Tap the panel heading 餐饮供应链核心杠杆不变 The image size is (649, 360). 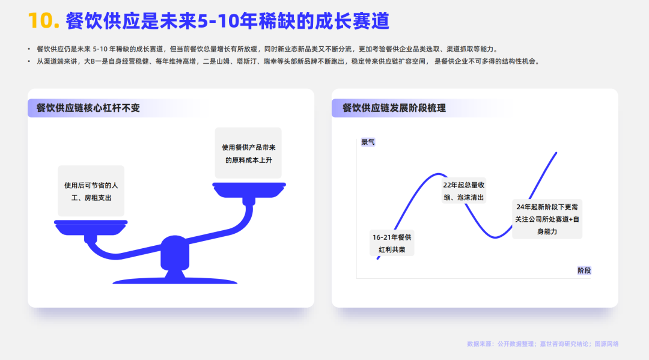tap(88, 108)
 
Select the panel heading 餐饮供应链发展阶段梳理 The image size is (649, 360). tap(394, 108)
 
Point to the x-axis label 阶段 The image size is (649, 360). tap(584, 270)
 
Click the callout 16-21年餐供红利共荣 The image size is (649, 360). tap(392, 243)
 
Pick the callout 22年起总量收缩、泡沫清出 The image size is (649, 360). tap(463, 191)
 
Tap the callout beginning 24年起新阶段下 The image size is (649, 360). tap(547, 219)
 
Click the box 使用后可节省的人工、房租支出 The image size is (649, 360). tap(91, 191)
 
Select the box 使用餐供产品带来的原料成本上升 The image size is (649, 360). tap(248, 153)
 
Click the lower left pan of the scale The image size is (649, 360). tap(91, 225)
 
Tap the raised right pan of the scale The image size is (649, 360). tap(249, 189)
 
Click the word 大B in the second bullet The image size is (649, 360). tap(89, 61)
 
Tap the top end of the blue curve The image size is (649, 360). tap(555, 153)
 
